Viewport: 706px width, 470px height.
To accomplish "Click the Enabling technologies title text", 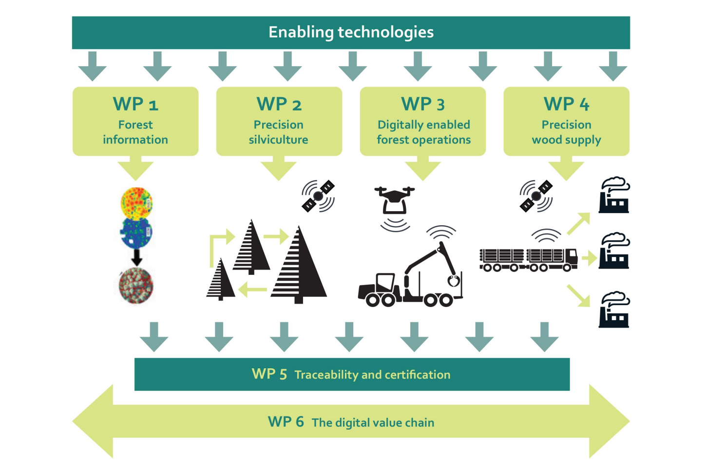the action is (x=351, y=33).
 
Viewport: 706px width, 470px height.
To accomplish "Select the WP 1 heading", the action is (x=135, y=104).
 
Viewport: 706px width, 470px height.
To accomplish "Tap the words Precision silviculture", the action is (x=279, y=132).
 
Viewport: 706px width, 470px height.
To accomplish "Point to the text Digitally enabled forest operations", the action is (x=423, y=132).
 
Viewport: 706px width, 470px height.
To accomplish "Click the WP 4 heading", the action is (x=566, y=104).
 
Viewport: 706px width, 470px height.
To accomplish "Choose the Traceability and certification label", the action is (x=372, y=375).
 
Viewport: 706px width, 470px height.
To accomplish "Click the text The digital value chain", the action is (x=373, y=423).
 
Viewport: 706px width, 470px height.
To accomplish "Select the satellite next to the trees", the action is (x=318, y=196).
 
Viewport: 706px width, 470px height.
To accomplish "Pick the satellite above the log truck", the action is (x=536, y=196).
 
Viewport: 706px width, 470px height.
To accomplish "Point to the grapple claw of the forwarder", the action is (x=454, y=281).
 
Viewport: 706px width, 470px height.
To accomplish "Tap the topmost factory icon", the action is (x=614, y=195).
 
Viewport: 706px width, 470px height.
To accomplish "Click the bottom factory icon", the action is (x=614, y=310).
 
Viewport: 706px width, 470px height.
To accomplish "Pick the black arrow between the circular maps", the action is (x=137, y=257).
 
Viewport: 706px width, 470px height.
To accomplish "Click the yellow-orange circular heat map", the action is (x=136, y=203).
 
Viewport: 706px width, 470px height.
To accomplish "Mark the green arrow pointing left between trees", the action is (x=253, y=289).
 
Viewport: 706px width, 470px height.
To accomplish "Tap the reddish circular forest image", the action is (x=136, y=286).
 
